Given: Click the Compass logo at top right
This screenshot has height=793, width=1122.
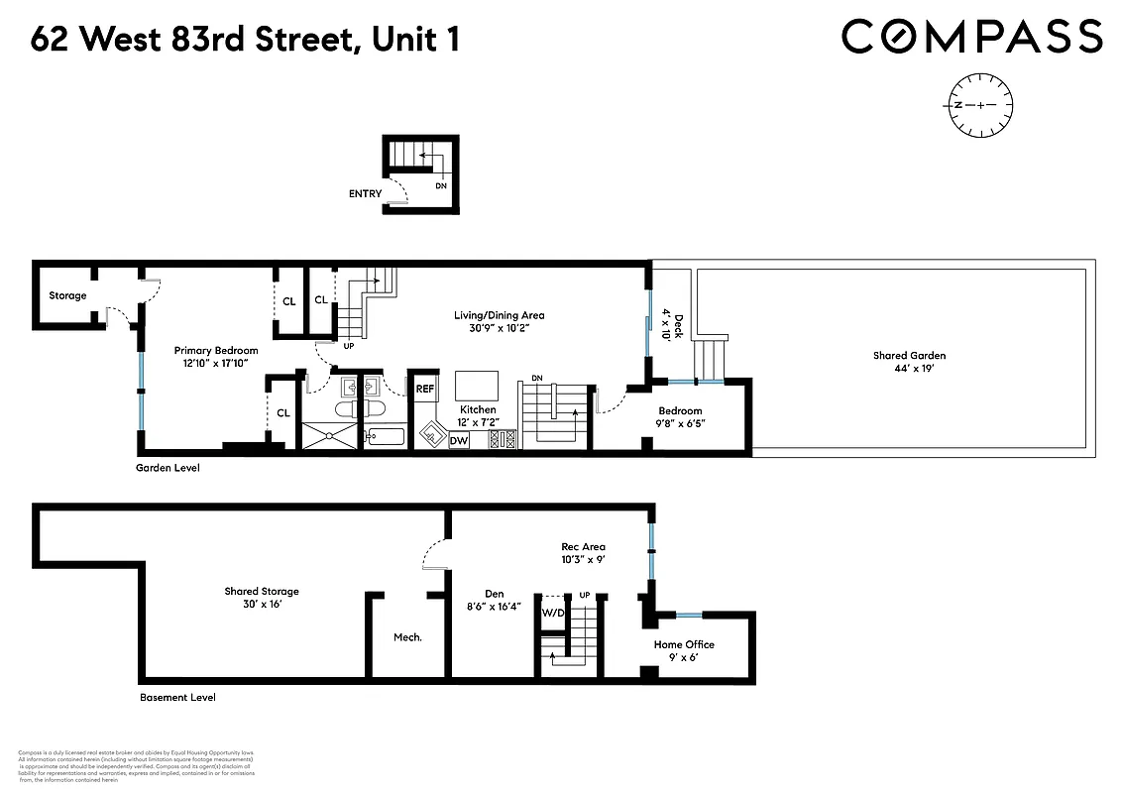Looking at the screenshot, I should click(971, 38).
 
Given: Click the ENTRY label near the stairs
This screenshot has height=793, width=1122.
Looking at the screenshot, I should click(365, 193).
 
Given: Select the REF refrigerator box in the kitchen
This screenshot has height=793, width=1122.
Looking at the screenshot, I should click(424, 389).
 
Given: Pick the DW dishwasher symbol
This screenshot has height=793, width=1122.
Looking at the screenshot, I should click(459, 440).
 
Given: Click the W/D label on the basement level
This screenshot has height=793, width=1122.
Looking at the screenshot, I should click(552, 612).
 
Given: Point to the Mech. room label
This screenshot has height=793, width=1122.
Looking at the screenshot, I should click(407, 637).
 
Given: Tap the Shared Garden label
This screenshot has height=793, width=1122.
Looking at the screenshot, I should click(909, 356).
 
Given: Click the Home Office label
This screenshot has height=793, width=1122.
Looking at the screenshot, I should click(684, 644).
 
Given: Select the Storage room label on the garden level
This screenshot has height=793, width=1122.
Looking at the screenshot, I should click(67, 295).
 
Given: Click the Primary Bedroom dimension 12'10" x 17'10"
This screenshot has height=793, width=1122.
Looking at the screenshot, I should click(216, 364).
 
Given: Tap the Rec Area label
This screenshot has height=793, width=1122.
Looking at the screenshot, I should click(583, 546).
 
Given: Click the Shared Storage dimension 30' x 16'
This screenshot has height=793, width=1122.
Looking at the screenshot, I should click(261, 605).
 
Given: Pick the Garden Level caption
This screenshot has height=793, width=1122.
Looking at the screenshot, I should click(168, 467).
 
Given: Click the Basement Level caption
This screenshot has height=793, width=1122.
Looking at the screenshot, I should click(177, 697).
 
